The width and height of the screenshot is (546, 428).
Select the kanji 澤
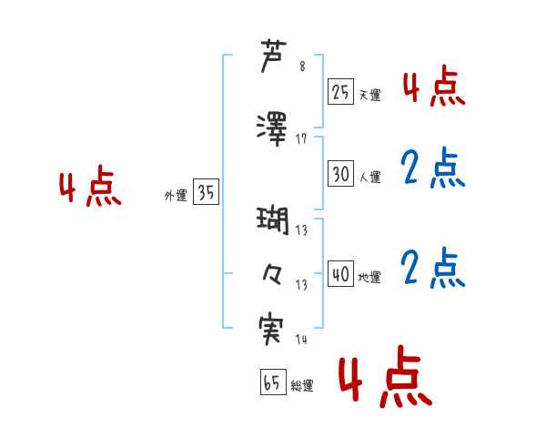274,127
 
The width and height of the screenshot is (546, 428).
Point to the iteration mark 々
274,272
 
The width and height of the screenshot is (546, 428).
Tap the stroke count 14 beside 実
301,340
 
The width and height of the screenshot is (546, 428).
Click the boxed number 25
340,92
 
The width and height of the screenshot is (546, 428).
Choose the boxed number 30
340,173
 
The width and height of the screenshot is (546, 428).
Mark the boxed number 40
340,273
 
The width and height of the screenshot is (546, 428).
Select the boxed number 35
206,192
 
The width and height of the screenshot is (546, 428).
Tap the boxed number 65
272,382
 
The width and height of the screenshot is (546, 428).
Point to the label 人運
370,177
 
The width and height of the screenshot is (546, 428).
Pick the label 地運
370,277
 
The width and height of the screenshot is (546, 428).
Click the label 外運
176,195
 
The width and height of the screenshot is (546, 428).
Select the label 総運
302,386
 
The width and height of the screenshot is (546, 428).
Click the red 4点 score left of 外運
90,188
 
